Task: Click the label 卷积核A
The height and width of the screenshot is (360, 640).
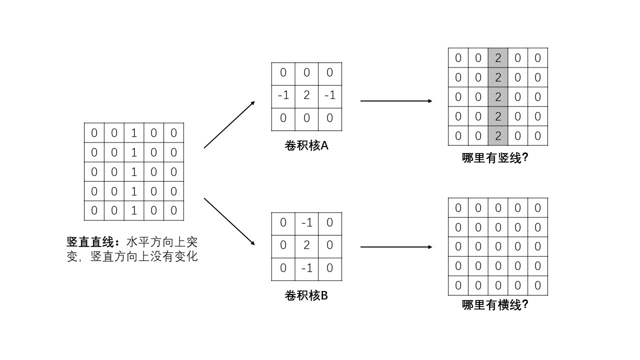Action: tap(306, 145)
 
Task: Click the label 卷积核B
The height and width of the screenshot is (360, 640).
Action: tap(306, 295)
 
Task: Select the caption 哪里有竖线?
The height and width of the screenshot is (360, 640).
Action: tap(495, 158)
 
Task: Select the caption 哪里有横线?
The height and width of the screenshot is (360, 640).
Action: tap(495, 304)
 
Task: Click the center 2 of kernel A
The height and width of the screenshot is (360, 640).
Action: tap(306, 95)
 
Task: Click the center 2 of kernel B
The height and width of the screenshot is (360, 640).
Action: tap(306, 245)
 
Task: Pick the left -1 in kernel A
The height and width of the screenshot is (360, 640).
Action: tap(283, 95)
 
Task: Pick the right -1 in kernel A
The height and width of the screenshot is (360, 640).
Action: tap(329, 95)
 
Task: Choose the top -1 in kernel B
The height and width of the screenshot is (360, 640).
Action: tap(306, 222)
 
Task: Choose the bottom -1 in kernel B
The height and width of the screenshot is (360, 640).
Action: tap(306, 268)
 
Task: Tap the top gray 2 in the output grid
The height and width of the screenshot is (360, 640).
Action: tap(497, 58)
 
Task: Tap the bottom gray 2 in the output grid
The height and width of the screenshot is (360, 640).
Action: tap(497, 136)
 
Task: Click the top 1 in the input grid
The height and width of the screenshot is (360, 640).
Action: tap(134, 133)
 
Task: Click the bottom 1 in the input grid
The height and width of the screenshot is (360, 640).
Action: tap(134, 210)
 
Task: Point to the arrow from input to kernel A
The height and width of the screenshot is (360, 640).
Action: tap(229, 124)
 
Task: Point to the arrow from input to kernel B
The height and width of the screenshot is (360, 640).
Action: tap(229, 221)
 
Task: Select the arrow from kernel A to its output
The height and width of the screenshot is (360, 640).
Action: tap(396, 101)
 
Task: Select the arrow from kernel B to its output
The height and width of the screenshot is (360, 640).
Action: tap(396, 247)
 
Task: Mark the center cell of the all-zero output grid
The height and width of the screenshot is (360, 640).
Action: tap(497, 246)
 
